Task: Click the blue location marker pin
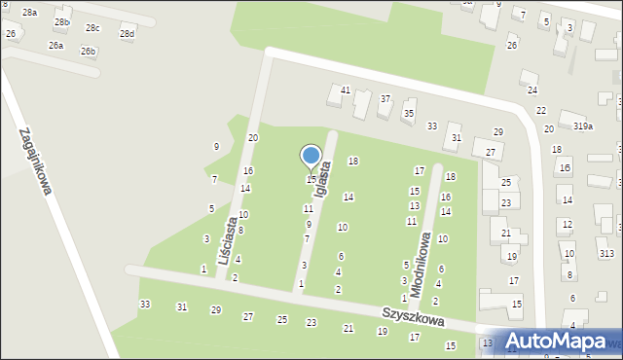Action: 311,156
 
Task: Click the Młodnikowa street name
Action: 421,264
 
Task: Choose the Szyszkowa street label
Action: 413,318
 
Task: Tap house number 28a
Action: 30,12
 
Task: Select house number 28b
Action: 62,21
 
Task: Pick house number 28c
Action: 92,28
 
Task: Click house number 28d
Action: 128,34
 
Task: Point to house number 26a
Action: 56,45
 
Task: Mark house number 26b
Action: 89,51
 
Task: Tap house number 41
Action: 346,90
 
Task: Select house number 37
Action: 385,99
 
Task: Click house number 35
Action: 409,114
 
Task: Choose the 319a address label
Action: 583,126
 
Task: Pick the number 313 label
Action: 607,253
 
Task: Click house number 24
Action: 532,90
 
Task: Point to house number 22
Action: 541,111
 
